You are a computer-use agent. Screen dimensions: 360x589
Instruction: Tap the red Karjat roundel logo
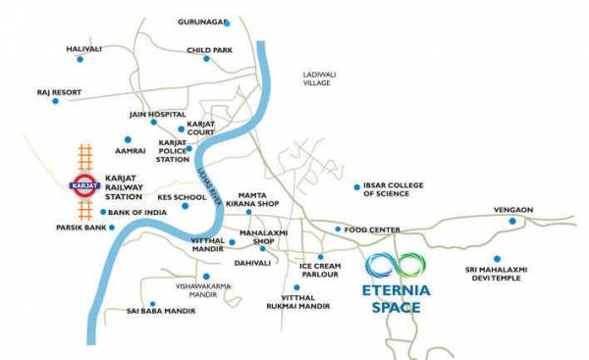[x=81, y=182]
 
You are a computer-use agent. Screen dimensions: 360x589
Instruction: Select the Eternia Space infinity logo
[x=396, y=266]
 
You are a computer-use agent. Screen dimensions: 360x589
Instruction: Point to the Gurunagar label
[x=203, y=22]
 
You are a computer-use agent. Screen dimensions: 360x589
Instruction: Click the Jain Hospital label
[x=153, y=114]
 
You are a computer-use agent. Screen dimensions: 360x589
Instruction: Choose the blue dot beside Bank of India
[x=102, y=211]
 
